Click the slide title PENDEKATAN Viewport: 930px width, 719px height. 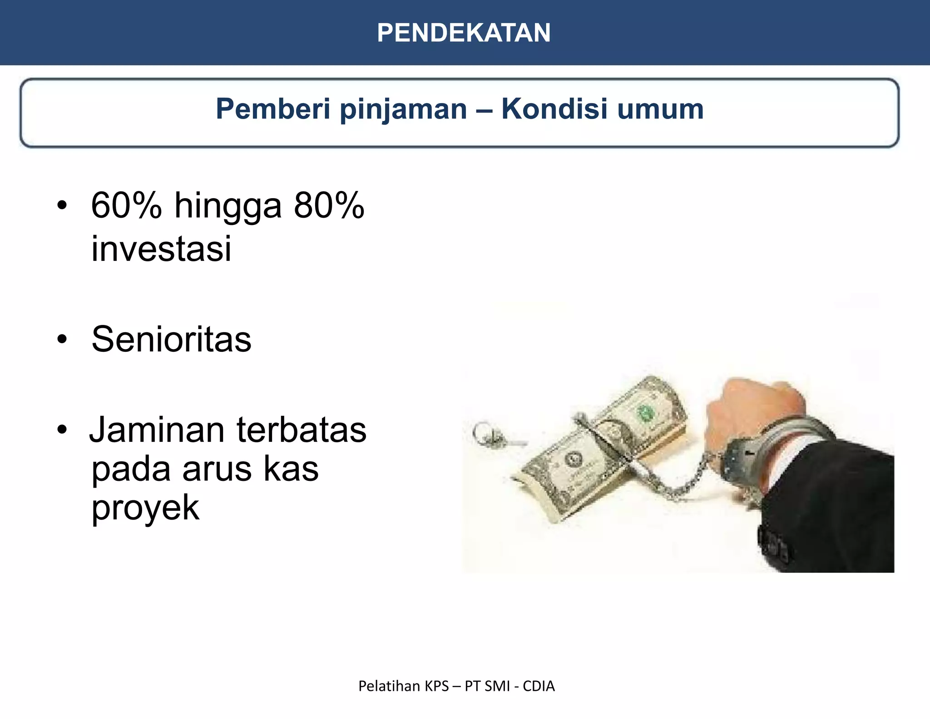tap(464, 33)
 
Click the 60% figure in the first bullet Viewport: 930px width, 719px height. tap(126, 205)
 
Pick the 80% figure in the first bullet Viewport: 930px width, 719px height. tap(329, 205)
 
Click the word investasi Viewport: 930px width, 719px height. tap(161, 249)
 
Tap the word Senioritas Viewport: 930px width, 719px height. tap(171, 339)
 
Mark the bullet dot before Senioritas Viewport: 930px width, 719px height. tap(62, 339)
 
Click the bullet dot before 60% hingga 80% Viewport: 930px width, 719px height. tap(62, 205)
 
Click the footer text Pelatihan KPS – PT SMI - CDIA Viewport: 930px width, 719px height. tap(456, 686)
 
